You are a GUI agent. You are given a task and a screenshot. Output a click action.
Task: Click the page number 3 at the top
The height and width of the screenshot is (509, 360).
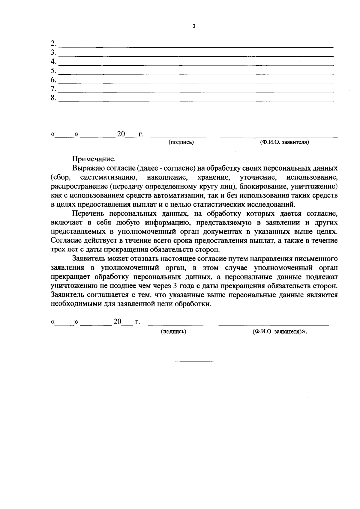tap(194, 26)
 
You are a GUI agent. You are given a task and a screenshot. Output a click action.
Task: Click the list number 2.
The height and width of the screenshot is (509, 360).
tap(54, 43)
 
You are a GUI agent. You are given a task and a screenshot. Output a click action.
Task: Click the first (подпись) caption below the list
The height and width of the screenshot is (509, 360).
tap(181, 142)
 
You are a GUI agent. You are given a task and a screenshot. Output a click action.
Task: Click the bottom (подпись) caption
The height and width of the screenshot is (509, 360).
tap(174, 332)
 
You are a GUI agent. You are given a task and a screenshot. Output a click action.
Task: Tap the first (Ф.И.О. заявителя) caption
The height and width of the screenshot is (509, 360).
tap(284, 142)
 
